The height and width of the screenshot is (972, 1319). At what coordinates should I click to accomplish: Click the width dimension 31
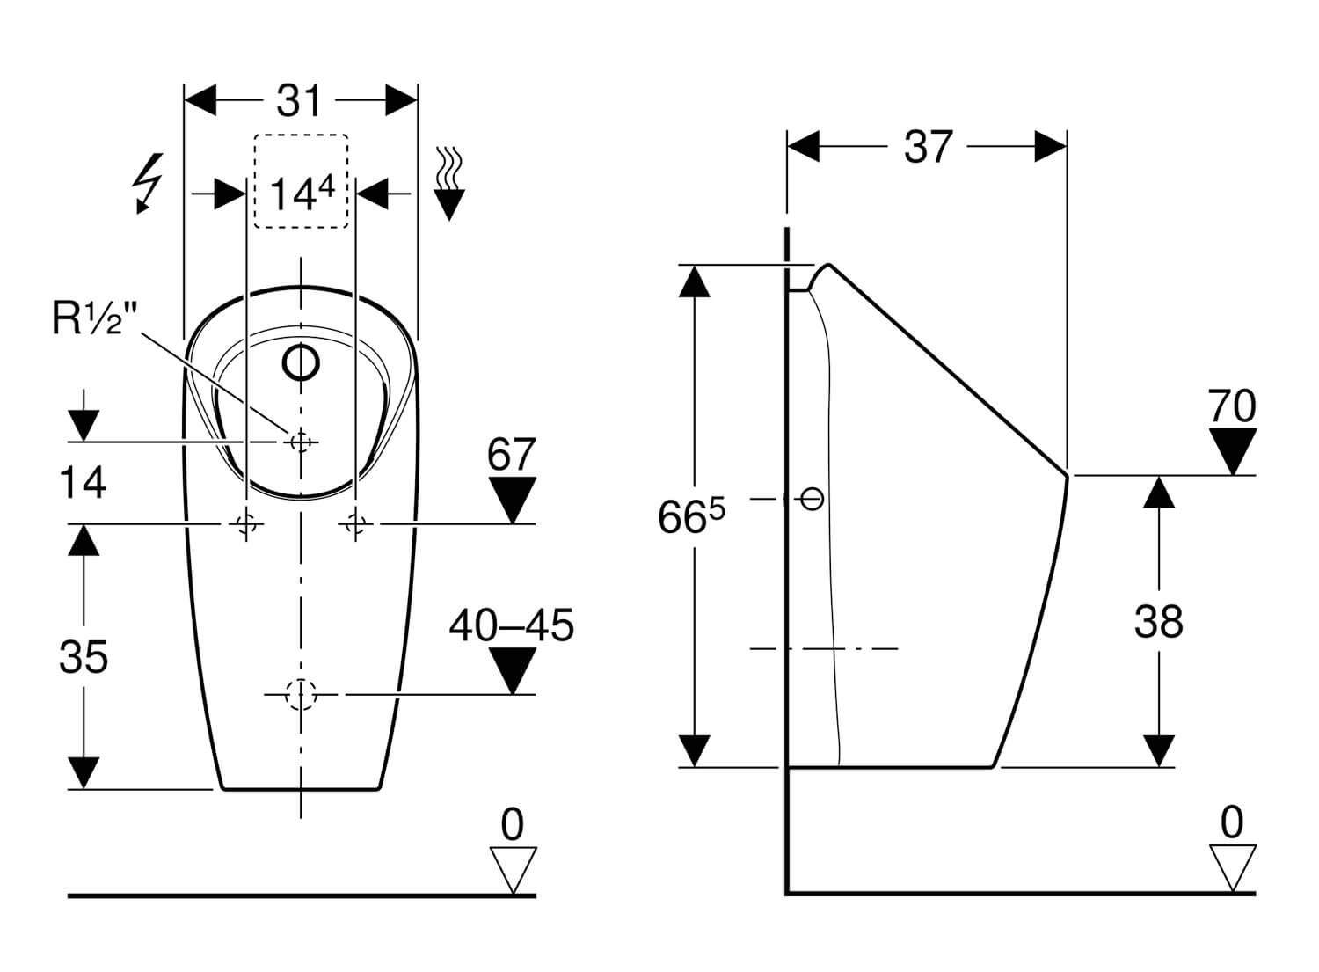tap(300, 101)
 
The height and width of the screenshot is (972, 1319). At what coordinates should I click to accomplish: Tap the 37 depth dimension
tap(928, 147)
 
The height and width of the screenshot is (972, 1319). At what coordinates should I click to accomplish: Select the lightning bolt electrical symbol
tap(148, 182)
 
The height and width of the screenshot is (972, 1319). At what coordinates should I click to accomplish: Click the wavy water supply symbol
tap(449, 182)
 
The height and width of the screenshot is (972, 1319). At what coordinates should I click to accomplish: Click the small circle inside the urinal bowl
tap(301, 362)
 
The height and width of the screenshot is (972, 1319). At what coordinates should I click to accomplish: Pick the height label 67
tap(512, 455)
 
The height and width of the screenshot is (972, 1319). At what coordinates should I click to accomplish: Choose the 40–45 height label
tap(511, 625)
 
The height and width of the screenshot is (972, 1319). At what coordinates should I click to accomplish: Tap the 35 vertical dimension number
tap(84, 657)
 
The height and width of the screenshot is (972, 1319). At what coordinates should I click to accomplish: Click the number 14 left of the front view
tap(83, 483)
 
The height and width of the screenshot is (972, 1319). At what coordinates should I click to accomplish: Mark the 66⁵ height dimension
tap(692, 517)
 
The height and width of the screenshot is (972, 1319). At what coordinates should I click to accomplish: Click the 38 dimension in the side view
tap(1158, 622)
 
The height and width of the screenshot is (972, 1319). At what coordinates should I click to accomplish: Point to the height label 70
tap(1232, 406)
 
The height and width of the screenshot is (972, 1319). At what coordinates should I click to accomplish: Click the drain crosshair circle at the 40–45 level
tap(301, 695)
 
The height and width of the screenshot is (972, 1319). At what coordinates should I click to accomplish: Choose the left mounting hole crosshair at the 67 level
tap(245, 524)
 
